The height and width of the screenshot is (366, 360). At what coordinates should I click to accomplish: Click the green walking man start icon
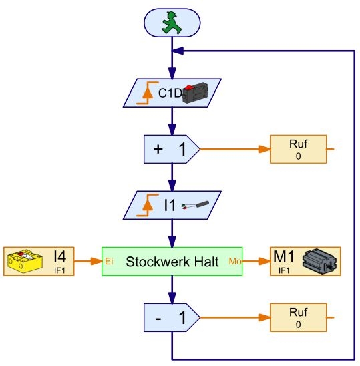point(172,23)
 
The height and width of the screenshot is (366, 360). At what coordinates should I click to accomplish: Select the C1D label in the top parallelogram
point(170,93)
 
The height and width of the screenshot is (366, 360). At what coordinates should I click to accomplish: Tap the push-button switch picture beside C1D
point(196,93)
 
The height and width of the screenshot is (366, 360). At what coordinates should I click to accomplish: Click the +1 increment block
point(172,149)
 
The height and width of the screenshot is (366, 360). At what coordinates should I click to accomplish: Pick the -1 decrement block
point(172,317)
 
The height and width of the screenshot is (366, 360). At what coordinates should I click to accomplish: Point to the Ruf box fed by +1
point(298,149)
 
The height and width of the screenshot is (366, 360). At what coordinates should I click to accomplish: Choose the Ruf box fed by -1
point(298,317)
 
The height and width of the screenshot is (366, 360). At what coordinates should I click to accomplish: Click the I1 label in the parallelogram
point(170,206)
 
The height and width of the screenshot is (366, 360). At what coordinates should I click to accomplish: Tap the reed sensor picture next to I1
point(195,205)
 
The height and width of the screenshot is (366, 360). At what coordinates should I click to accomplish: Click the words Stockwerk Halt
point(172,262)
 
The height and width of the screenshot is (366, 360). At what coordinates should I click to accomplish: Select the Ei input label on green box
point(109,261)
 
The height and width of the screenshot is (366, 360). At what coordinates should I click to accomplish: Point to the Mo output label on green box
point(235,261)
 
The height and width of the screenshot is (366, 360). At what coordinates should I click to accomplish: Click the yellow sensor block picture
point(25,261)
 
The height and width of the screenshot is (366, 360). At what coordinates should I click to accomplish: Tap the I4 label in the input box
point(59,256)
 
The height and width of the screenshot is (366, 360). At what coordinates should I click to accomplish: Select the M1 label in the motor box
point(283,256)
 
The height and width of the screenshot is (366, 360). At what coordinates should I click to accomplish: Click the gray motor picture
point(319,261)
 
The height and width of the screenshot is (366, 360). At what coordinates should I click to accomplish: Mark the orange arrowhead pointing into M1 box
point(264,261)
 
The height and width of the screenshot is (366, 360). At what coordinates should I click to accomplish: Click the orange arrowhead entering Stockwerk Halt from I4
point(96,261)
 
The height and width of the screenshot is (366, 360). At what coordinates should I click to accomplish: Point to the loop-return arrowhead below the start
point(178,51)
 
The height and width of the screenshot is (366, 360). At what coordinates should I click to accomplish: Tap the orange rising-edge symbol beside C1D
point(148,93)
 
